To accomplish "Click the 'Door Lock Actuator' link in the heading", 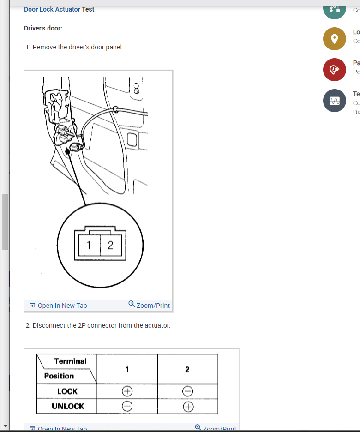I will tap(52, 9).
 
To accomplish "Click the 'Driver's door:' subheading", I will tap(43, 28).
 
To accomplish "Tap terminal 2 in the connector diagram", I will tap(110, 245).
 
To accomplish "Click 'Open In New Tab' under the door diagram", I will tap(58, 306).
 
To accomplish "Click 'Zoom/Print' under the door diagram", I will tap(149, 306).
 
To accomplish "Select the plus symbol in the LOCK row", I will tap(127, 391).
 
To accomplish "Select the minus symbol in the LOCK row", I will tap(187, 391).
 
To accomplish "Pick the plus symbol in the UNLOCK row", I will tap(187, 407).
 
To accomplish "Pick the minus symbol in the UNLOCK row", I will tap(127, 407).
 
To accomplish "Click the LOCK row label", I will tap(67, 391).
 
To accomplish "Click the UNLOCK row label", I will tap(68, 406).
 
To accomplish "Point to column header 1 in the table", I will tap(127, 369).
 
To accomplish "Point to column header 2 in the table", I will tap(187, 369).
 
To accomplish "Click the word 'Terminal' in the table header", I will tap(70, 361).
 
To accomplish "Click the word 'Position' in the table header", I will tap(59, 376).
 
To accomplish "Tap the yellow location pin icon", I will tap(335, 39).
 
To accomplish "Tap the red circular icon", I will tap(335, 70).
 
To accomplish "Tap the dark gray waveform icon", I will tap(335, 101).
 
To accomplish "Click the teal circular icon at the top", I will tap(335, 9).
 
